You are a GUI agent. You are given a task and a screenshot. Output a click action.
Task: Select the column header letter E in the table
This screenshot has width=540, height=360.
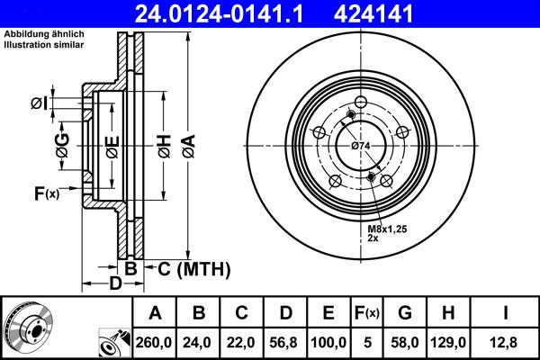tap(328, 313)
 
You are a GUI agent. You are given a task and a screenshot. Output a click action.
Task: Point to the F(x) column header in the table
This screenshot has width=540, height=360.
tap(366, 313)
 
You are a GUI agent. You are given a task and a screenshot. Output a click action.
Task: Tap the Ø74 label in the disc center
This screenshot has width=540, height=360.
tap(361, 146)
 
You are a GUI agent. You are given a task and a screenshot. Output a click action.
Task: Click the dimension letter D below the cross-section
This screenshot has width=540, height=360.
tap(114, 284)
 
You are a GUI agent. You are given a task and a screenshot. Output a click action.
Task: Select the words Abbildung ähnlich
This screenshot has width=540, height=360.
tap(43, 34)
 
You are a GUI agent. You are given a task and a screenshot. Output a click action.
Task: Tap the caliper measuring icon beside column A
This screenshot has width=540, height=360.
tap(113, 341)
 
